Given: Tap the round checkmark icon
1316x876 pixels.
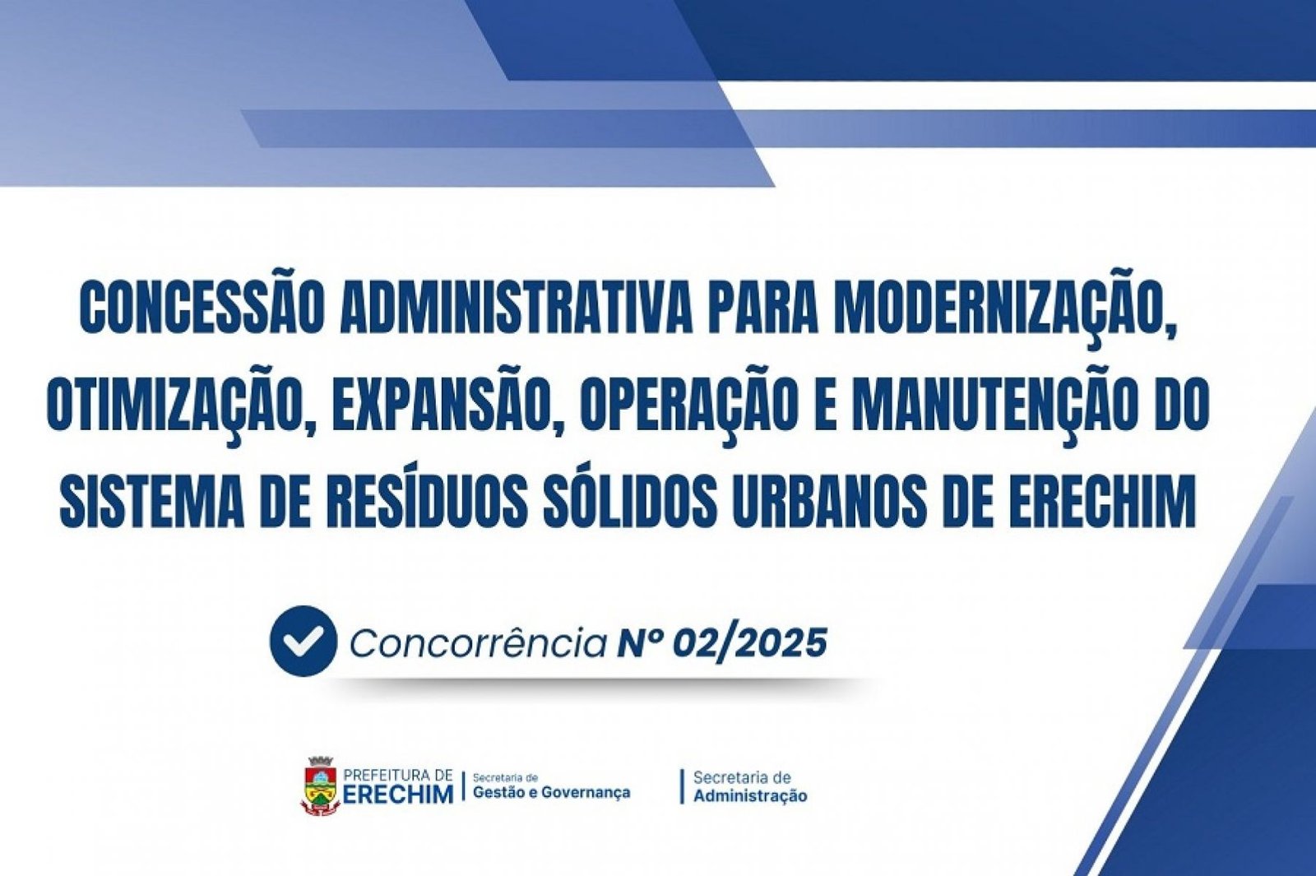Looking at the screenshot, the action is click(x=304, y=642).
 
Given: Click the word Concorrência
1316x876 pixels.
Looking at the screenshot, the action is click(x=478, y=644).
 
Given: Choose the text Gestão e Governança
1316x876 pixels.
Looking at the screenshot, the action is click(x=552, y=793).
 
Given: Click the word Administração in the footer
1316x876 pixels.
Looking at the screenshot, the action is click(x=750, y=796).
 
